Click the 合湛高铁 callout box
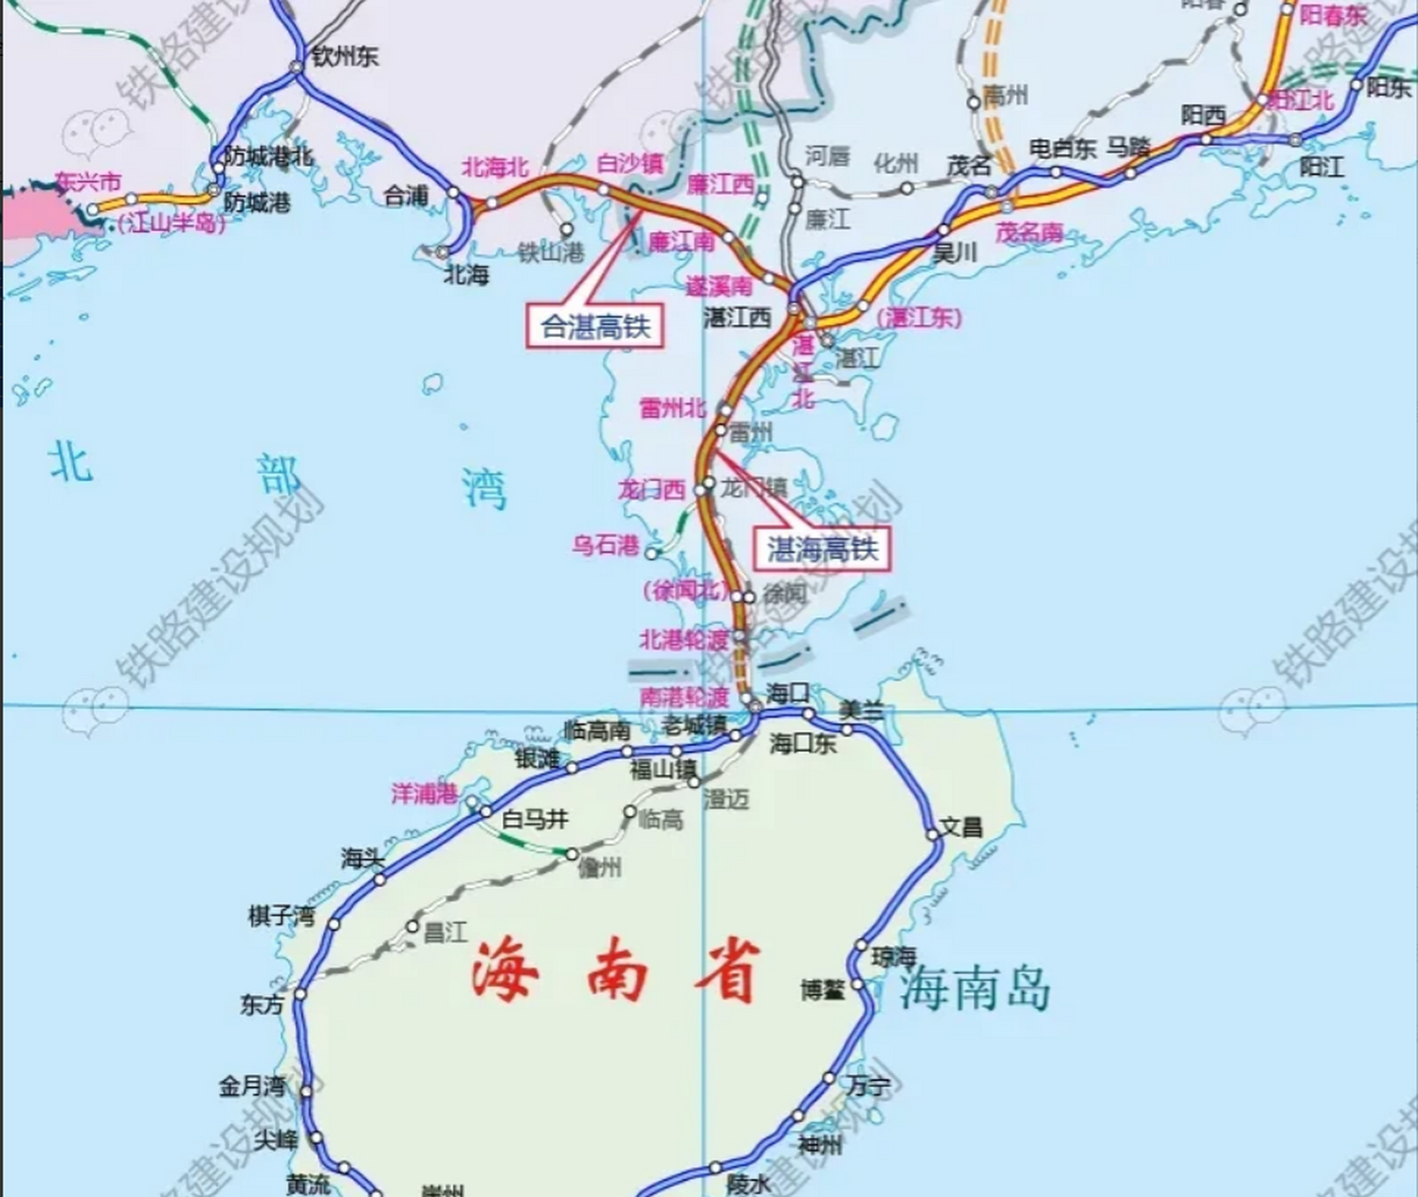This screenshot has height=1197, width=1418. [595, 326]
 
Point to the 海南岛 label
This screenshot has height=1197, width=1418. [976, 988]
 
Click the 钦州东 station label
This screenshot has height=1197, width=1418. [345, 56]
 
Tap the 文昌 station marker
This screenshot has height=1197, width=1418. [933, 835]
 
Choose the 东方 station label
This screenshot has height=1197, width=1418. [261, 1004]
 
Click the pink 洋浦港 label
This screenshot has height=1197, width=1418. [425, 794]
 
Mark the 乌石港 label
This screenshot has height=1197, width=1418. [605, 545]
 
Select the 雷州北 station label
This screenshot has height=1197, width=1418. [673, 408]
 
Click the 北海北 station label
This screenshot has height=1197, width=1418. [495, 167]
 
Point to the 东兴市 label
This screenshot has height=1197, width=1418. [88, 180]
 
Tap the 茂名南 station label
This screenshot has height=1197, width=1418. [1029, 232]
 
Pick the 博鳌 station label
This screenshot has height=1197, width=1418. [823, 989]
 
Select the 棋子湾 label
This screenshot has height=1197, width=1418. [281, 916]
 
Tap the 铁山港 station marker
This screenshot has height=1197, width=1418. [566, 229]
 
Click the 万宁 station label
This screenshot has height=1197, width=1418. [869, 1086]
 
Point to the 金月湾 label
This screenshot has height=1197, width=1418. [252, 1086]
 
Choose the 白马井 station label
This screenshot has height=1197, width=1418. [534, 819]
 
